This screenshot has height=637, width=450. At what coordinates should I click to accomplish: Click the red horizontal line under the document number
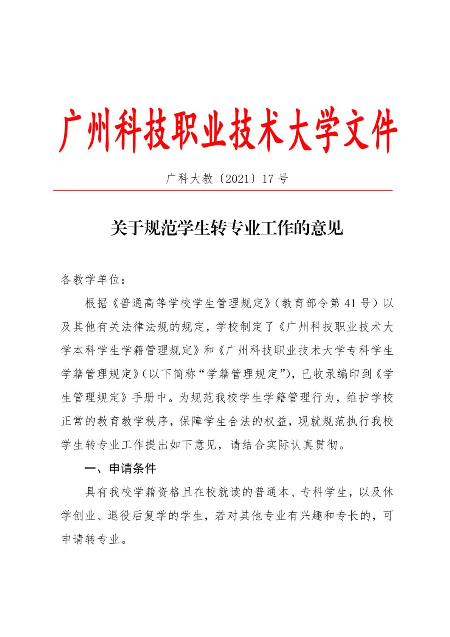222,191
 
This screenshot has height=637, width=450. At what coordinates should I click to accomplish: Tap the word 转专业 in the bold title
227,228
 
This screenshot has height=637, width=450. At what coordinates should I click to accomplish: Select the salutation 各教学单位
90,279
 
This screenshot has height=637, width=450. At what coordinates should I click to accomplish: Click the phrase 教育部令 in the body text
305,303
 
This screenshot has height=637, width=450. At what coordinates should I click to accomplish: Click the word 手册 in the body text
144,398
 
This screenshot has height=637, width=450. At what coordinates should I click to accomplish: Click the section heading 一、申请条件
120,469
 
